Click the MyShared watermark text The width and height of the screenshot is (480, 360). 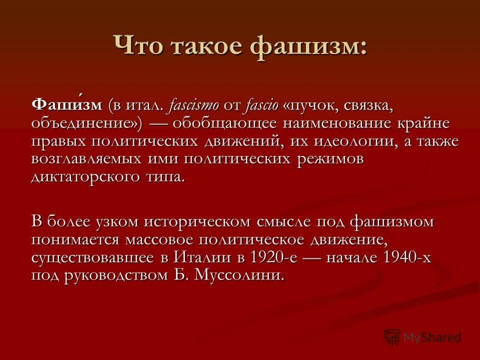(x=431, y=337)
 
